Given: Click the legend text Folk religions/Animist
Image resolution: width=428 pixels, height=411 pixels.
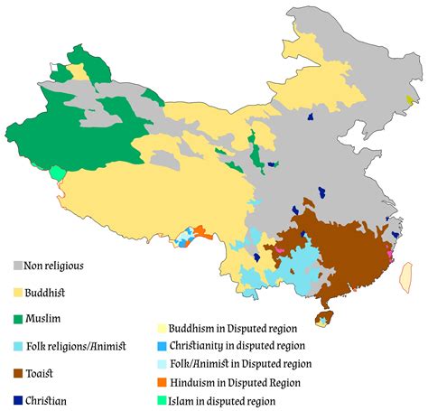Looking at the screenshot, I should tap(81, 346).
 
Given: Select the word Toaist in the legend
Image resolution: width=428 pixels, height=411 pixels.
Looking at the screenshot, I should tap(53, 372).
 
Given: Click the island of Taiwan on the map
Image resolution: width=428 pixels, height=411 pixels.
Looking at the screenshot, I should tap(406, 276).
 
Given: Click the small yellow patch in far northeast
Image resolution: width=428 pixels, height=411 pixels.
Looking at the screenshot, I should tap(412, 100).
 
